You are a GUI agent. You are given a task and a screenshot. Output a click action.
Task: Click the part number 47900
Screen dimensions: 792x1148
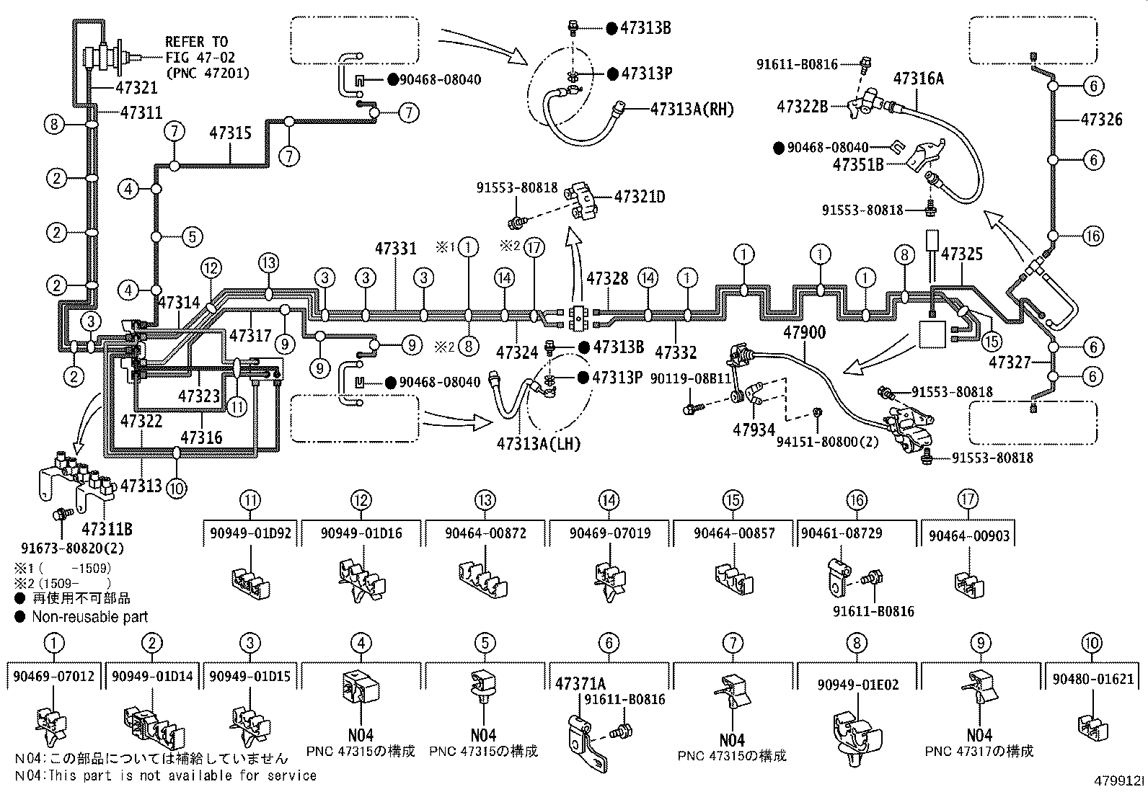[805, 333]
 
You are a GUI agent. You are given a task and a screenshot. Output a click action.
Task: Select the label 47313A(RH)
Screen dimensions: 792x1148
[692, 109]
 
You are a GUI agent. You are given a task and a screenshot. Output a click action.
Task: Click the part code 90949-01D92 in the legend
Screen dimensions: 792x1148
[250, 533]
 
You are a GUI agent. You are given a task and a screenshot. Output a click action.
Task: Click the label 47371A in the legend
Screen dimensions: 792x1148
[580, 682]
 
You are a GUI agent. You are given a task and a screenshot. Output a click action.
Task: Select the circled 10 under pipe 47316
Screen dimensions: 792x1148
[176, 488]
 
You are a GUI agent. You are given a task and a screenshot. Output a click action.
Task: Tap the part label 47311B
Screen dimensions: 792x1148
[107, 529]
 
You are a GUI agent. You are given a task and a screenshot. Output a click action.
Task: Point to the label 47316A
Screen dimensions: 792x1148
[919, 79]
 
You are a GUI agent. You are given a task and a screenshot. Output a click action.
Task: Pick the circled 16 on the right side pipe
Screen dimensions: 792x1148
[1093, 236]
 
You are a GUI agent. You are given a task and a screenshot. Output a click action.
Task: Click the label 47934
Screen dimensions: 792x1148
[754, 430]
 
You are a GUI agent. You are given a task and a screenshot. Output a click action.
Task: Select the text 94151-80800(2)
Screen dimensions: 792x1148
[827, 441]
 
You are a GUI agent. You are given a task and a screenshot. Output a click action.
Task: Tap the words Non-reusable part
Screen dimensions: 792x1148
[90, 617]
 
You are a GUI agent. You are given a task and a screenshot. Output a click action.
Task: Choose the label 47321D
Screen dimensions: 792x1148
[640, 196]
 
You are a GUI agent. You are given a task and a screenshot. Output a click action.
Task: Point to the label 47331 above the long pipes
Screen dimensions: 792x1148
[395, 249]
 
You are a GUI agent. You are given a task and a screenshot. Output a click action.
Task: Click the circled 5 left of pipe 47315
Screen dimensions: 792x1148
[191, 236]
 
